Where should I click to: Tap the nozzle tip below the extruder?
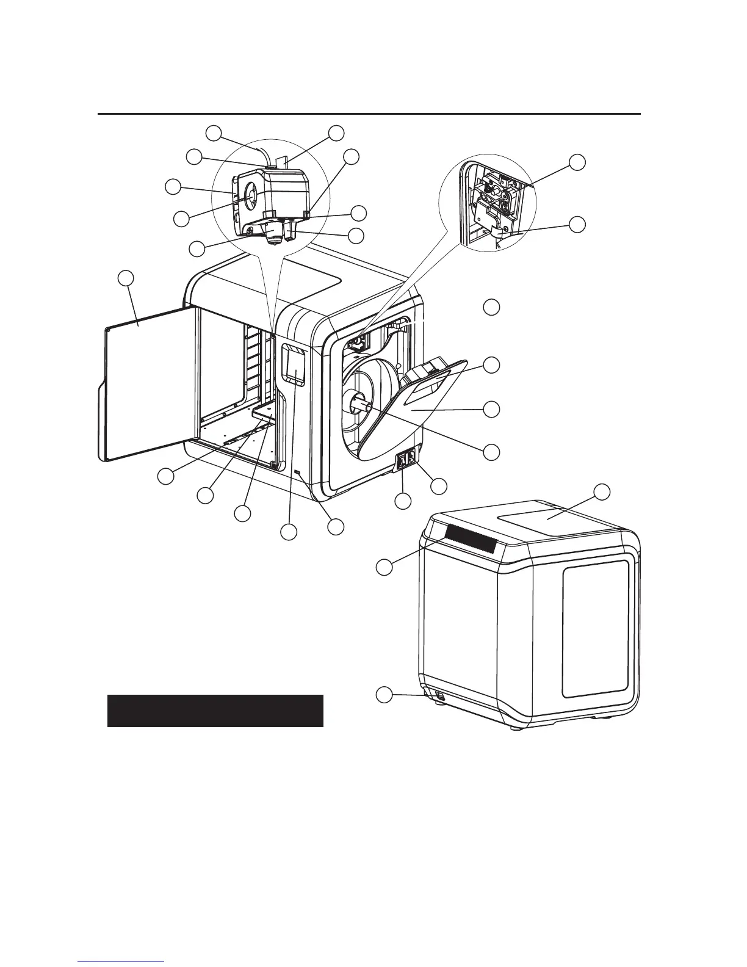pos(275,242)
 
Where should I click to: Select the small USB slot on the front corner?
pos(298,473)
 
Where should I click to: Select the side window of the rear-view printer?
pos(594,629)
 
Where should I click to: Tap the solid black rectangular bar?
pos(215,711)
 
